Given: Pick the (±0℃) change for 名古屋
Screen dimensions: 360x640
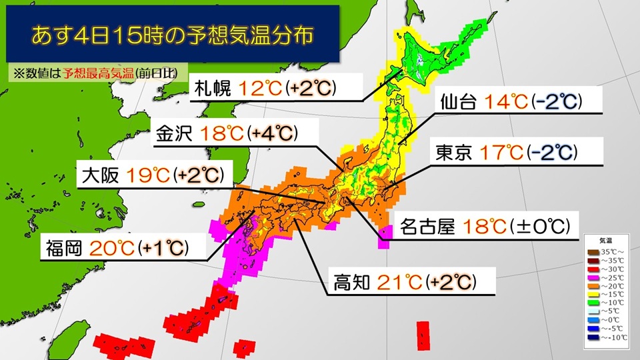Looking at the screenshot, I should tap(538, 227).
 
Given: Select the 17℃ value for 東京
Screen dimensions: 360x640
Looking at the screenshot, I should tap(497, 153).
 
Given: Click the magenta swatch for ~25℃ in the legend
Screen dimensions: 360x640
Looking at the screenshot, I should tap(593, 277).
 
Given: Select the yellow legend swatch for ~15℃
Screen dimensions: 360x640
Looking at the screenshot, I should tap(593, 294).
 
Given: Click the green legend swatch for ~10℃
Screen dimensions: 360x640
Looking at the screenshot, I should tap(593, 303).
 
